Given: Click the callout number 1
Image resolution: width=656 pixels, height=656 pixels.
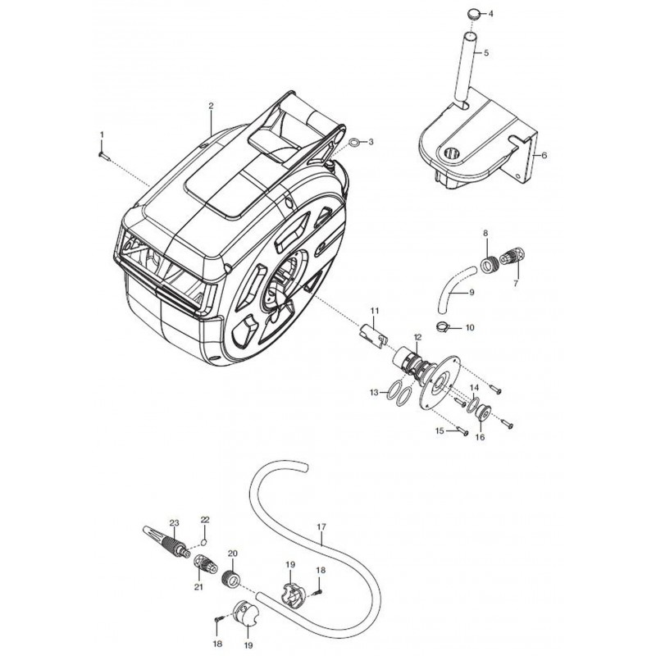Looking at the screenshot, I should (102, 134).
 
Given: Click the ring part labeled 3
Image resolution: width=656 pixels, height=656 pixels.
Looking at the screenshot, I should (353, 143).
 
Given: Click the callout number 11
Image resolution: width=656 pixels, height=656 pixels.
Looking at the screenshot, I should (374, 310).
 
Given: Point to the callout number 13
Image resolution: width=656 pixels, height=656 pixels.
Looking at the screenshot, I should (373, 393).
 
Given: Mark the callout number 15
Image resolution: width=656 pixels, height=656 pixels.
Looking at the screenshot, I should (440, 430).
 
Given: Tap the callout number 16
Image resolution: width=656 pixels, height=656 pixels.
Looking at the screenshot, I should (480, 437).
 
